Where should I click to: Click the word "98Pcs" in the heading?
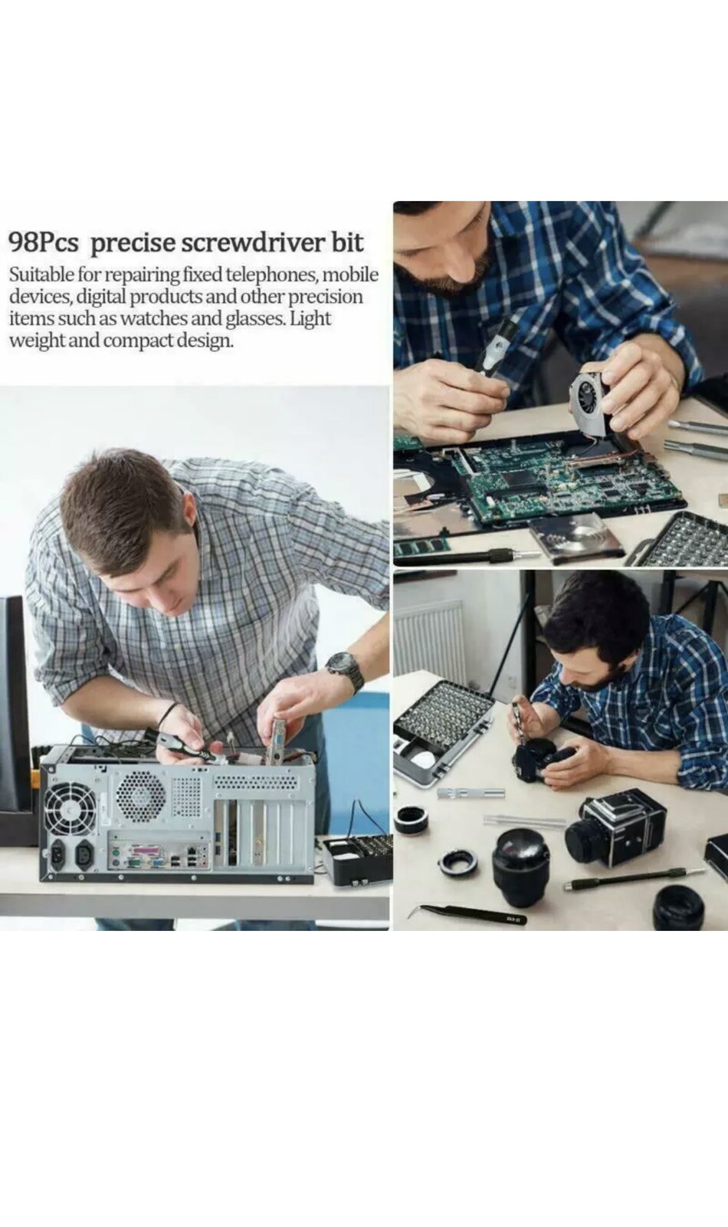tap(44, 242)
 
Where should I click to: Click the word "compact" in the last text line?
tap(139, 341)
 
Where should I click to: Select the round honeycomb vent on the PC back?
tap(141, 793)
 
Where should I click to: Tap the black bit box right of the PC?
tap(356, 858)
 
